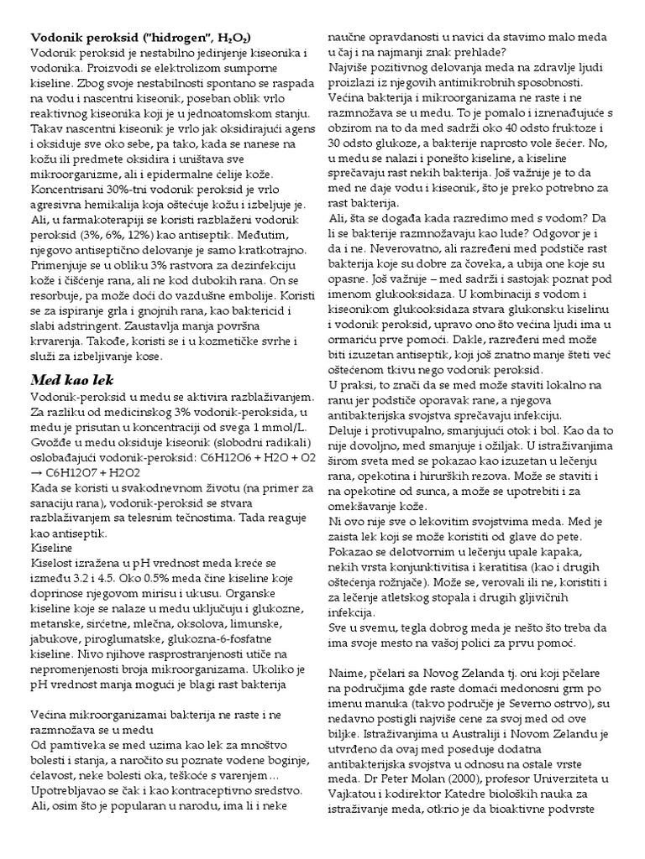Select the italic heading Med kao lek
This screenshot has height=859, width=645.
pyautogui.click(x=72, y=381)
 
